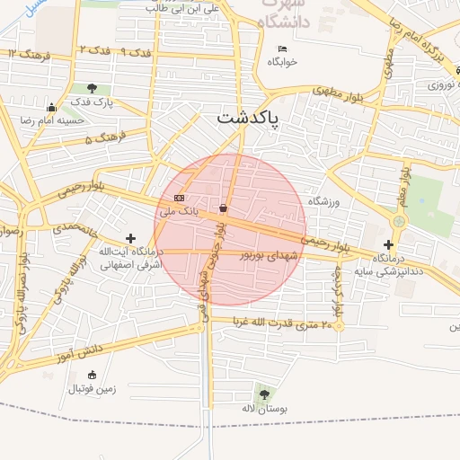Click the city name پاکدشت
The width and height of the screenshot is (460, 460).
pyautogui.click(x=248, y=119)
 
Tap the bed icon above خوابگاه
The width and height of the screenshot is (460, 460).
pyautogui.click(x=282, y=49)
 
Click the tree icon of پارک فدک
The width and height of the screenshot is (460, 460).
pyautogui.click(x=93, y=89)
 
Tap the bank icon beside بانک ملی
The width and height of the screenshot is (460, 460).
pyautogui.click(x=178, y=198)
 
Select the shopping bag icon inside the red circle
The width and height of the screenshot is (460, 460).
pyautogui.click(x=222, y=208)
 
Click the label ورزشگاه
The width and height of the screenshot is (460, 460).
pyautogui.click(x=323, y=202)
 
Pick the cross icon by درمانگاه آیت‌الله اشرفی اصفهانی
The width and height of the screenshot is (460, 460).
pyautogui.click(x=132, y=238)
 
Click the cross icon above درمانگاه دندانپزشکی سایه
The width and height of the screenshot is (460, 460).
pyautogui.click(x=388, y=243)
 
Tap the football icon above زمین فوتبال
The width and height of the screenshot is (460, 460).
pyautogui.click(x=91, y=375)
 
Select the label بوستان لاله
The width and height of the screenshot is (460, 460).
pyautogui.click(x=263, y=409)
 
